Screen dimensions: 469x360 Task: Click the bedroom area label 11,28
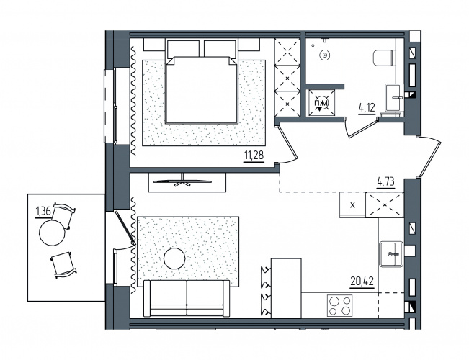(x=254, y=156)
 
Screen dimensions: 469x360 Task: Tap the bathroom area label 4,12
(x=367, y=108)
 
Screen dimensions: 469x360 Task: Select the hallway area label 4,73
(x=385, y=181)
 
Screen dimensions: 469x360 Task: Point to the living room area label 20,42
(x=362, y=282)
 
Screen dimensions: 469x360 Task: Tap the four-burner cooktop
(x=339, y=305)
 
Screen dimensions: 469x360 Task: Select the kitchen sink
(x=391, y=253)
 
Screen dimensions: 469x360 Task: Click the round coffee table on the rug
(x=174, y=258)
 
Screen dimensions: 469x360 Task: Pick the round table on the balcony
(x=53, y=233)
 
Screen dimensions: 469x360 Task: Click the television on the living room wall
(x=182, y=181)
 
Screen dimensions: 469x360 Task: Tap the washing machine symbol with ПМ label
(x=321, y=103)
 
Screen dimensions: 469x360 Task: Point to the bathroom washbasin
(x=394, y=98)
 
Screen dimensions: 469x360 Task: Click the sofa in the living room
(x=187, y=298)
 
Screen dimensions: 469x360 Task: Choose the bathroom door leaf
(x=363, y=129)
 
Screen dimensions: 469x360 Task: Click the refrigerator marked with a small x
(x=352, y=205)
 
